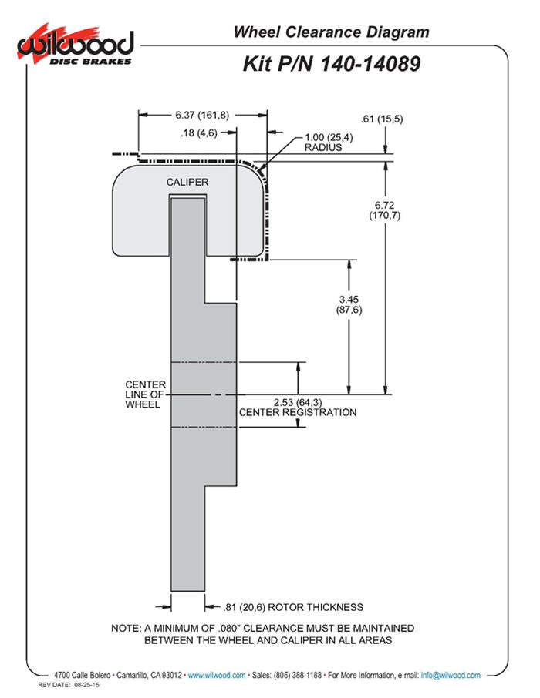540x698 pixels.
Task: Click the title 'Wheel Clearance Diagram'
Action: click(x=331, y=32)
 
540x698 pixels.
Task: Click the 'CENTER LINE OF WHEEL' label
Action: click(x=143, y=394)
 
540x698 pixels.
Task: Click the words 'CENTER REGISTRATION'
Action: click(x=298, y=412)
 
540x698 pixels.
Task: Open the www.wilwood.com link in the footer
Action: click(x=217, y=675)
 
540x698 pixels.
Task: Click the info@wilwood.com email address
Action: click(x=451, y=675)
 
